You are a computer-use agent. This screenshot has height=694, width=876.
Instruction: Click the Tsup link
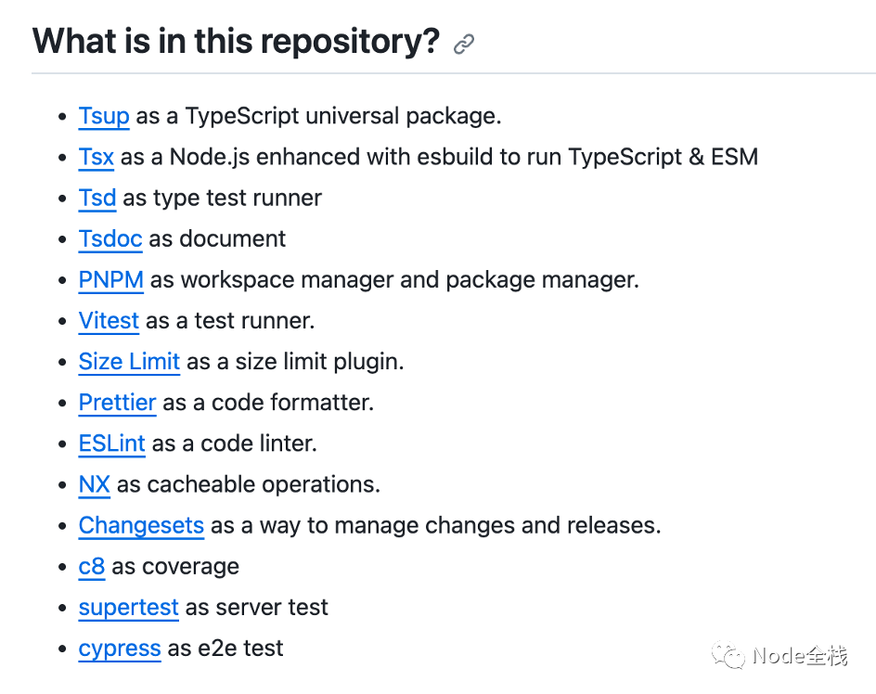coord(104,116)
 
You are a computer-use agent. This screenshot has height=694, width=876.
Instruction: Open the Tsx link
coord(97,157)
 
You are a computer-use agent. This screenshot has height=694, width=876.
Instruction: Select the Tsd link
coord(97,198)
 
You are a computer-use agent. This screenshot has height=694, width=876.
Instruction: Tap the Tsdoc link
coord(110,238)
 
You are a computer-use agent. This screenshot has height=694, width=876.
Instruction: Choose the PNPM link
coord(111,279)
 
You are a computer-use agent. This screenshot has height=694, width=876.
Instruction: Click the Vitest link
coord(109,321)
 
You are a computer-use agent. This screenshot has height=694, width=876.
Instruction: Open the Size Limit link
coord(129,362)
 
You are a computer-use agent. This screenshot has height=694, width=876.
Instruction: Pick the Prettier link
coord(117,403)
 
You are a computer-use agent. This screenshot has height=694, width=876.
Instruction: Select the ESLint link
coord(111,443)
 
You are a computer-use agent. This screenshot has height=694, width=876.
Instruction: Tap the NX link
coord(95,484)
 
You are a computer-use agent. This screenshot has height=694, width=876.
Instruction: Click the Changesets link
coord(141,525)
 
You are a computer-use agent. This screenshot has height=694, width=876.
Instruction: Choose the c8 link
coord(92,567)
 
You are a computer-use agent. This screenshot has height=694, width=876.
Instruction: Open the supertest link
coord(128,608)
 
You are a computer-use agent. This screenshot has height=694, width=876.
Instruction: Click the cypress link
coord(120,649)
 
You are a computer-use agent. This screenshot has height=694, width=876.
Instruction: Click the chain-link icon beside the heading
coord(464,44)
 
